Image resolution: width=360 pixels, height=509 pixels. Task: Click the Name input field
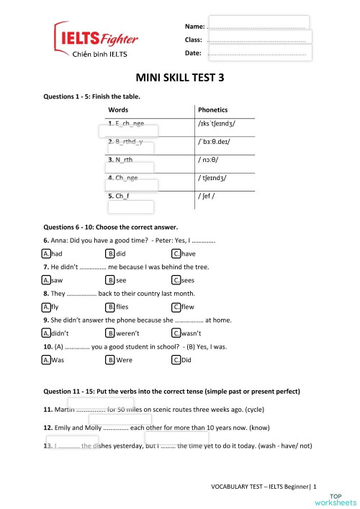258,24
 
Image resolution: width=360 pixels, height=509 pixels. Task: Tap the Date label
193,53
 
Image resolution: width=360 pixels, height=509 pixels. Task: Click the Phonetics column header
212,110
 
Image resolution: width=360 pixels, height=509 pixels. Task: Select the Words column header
119,110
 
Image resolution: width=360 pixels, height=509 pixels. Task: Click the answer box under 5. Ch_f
130,207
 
